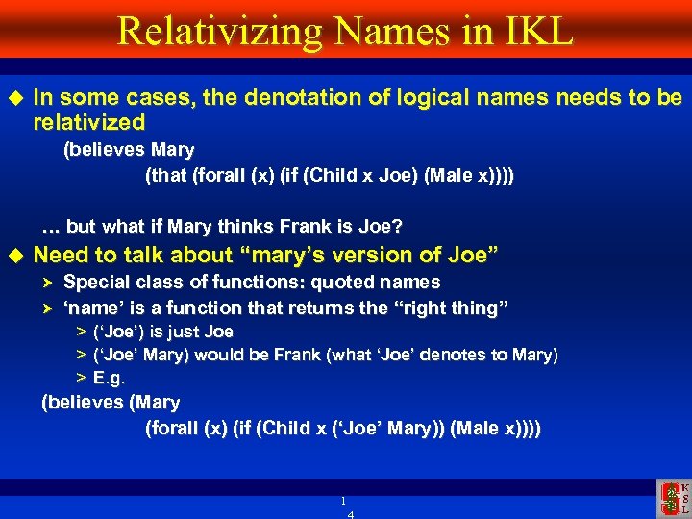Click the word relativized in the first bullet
[x=88, y=123]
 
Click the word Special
[x=97, y=282]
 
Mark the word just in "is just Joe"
[x=185, y=332]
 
